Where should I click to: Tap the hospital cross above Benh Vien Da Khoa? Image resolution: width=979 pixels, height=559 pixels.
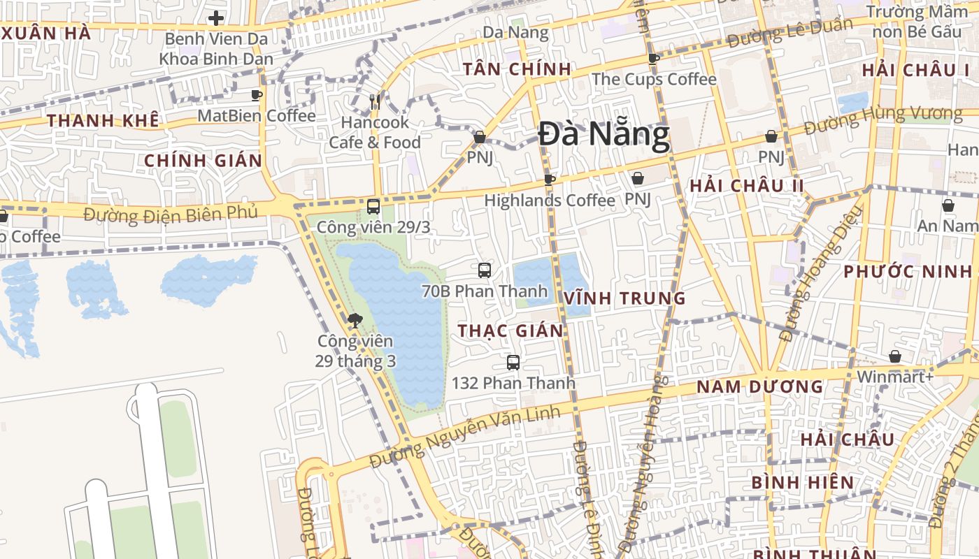(x=216, y=18)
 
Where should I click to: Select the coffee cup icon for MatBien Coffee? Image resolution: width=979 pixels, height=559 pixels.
(x=257, y=95)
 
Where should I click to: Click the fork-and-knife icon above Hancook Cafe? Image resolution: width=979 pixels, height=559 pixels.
(x=375, y=102)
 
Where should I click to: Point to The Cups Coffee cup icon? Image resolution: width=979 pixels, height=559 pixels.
(x=654, y=59)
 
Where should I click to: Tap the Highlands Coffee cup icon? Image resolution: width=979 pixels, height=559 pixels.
(x=550, y=180)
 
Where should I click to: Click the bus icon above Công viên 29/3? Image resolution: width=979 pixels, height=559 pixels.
(x=373, y=207)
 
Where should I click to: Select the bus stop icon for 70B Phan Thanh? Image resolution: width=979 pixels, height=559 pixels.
(x=484, y=270)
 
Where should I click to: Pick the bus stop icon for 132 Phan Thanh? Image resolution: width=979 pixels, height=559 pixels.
(x=513, y=363)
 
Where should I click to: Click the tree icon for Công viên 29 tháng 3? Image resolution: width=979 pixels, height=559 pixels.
(x=355, y=321)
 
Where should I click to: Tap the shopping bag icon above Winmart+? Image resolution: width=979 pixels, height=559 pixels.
(x=894, y=357)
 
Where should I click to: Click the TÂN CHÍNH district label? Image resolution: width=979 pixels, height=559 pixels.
(x=517, y=69)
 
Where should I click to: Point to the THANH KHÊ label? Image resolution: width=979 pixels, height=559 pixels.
(x=103, y=120)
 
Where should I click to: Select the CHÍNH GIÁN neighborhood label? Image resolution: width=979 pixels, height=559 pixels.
(x=203, y=161)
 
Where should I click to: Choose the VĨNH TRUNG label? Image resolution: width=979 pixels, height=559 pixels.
(x=624, y=298)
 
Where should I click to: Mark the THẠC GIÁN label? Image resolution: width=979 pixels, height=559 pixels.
(x=510, y=331)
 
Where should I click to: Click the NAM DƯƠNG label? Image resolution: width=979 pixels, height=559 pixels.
(x=760, y=386)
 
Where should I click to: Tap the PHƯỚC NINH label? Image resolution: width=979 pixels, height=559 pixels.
(x=908, y=271)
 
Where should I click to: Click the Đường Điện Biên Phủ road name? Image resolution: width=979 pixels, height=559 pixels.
(x=171, y=213)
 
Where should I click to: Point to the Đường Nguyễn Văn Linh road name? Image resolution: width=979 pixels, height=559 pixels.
(x=465, y=437)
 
